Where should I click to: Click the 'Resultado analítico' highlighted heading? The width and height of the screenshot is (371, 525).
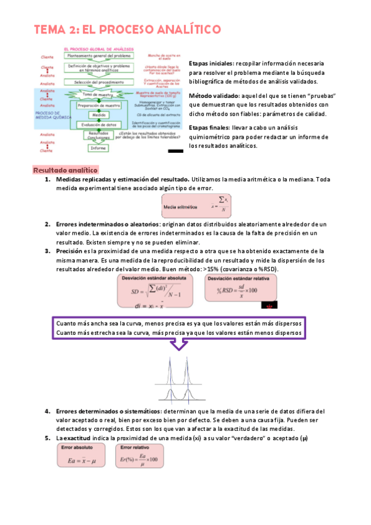(x=65, y=170)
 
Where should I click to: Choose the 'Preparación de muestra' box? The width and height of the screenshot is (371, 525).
(x=99, y=106)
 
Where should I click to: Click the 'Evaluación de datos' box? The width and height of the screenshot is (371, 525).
(x=99, y=124)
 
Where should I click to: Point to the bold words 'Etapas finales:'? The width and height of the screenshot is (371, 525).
(x=211, y=128)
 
